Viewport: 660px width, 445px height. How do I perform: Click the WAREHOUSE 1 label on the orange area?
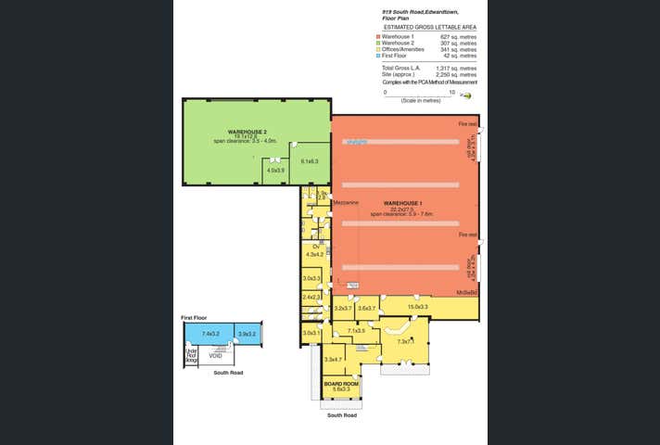(402, 202)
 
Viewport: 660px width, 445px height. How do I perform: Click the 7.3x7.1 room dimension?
(406, 340)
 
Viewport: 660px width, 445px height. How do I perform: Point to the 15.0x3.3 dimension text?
(418, 307)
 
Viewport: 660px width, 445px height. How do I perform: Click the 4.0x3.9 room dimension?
(275, 171)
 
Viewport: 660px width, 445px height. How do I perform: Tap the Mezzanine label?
(332, 201)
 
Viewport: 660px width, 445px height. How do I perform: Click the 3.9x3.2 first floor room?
(247, 334)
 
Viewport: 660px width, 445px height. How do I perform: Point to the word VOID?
(215, 355)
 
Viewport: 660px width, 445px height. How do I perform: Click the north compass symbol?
(467, 95)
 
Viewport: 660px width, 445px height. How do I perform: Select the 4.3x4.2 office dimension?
(313, 254)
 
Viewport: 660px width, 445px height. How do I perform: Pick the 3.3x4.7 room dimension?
(334, 359)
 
